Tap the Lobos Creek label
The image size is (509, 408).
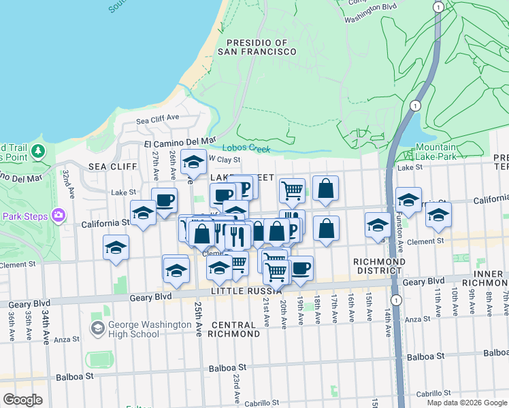246,149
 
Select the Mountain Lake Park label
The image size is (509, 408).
436,152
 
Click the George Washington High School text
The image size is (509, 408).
149,330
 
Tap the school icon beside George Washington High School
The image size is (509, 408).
97,329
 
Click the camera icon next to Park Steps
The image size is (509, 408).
58,216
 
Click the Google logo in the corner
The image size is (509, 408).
22,400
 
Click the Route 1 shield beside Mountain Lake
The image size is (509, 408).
414,105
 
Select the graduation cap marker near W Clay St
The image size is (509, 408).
194,163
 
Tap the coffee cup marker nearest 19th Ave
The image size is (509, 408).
301,267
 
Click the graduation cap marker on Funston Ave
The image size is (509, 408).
408,200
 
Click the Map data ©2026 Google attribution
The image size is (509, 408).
466,403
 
